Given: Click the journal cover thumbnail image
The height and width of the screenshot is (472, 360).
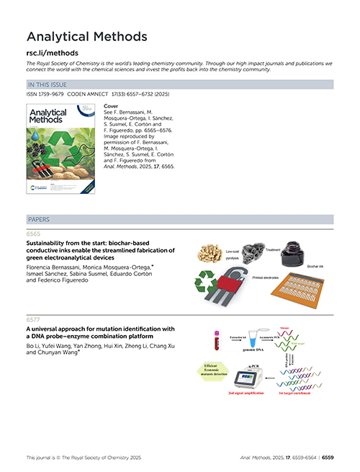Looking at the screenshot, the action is pos(60,148).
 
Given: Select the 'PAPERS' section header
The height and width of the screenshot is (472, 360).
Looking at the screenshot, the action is pos(39,218).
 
